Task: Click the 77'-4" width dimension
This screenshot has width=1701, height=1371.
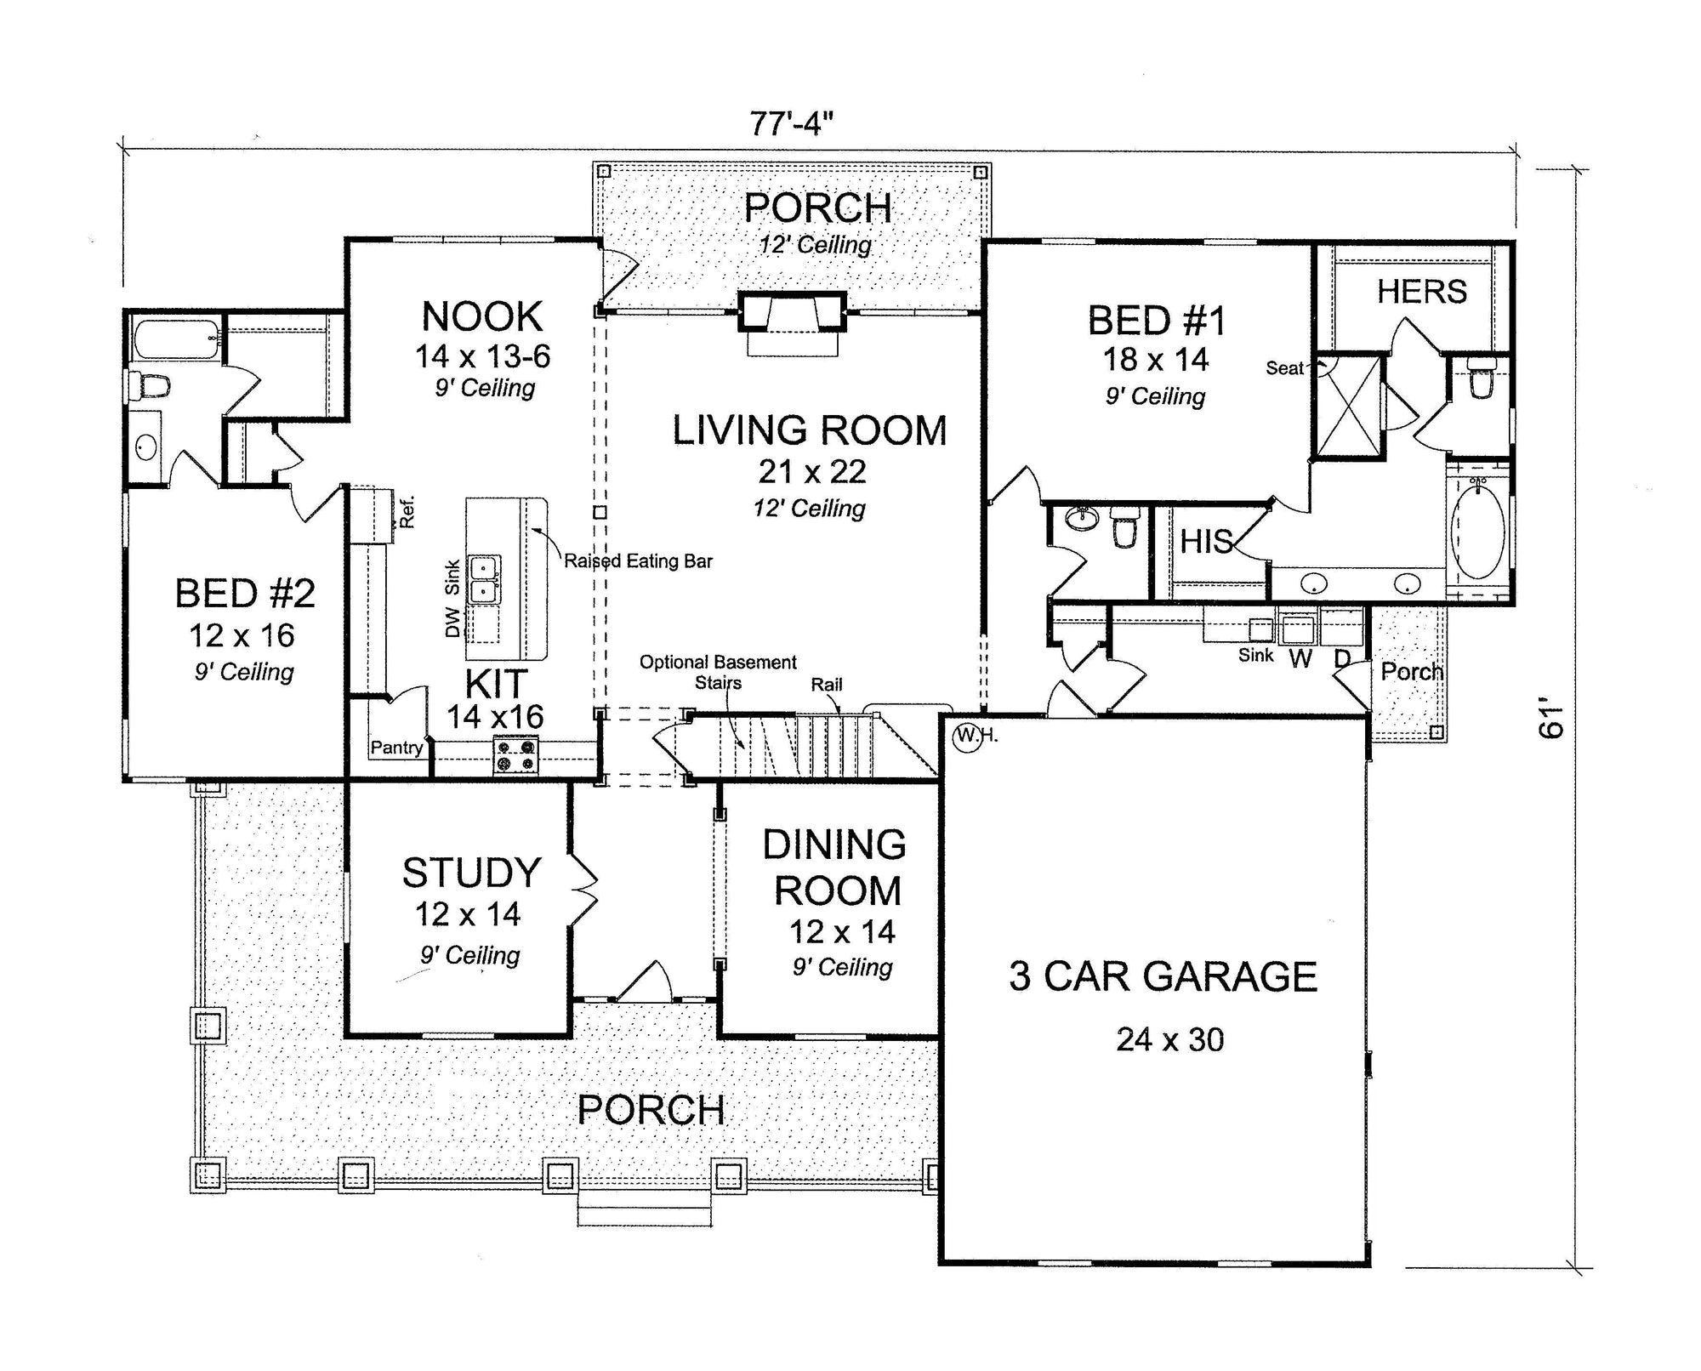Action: pyautogui.click(x=790, y=124)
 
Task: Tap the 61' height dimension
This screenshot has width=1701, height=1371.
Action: pyautogui.click(x=1552, y=719)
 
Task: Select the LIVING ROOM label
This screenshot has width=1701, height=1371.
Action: pyautogui.click(x=810, y=430)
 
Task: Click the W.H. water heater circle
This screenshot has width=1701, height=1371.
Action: pyautogui.click(x=967, y=736)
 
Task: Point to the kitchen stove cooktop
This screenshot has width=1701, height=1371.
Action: pyautogui.click(x=516, y=756)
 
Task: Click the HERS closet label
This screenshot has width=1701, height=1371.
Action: pyautogui.click(x=1422, y=292)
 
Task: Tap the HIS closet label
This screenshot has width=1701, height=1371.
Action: pyautogui.click(x=1206, y=542)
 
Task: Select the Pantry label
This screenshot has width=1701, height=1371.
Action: pyautogui.click(x=396, y=748)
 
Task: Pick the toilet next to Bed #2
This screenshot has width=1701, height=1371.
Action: pyautogui.click(x=150, y=386)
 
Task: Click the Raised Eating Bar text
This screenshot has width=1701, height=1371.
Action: pyautogui.click(x=638, y=561)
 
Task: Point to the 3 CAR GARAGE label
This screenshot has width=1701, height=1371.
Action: pyautogui.click(x=1163, y=976)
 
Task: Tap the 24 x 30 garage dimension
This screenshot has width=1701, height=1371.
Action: pyautogui.click(x=1170, y=1039)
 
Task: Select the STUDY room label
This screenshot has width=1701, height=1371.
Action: pyautogui.click(x=472, y=873)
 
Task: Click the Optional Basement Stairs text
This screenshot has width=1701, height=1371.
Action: pyautogui.click(x=719, y=672)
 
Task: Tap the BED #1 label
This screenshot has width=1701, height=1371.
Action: pyautogui.click(x=1158, y=321)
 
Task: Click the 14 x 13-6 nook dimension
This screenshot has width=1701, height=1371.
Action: pyautogui.click(x=482, y=356)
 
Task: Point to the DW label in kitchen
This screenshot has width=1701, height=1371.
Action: pyautogui.click(x=452, y=623)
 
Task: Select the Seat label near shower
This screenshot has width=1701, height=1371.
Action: pyautogui.click(x=1284, y=368)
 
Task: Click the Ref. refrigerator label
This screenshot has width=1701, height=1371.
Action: pyautogui.click(x=407, y=512)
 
